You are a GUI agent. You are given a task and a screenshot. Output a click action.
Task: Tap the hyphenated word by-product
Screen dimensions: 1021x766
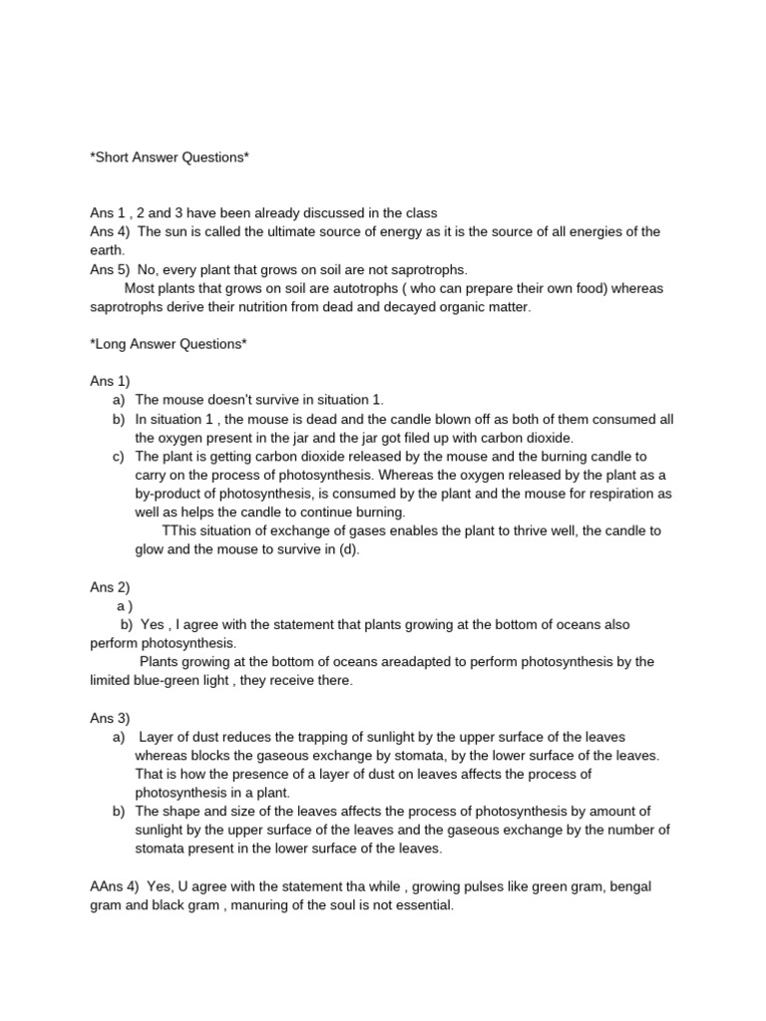coord(174,494)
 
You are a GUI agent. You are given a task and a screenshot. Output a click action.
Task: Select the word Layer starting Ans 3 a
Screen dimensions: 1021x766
coord(158,737)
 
